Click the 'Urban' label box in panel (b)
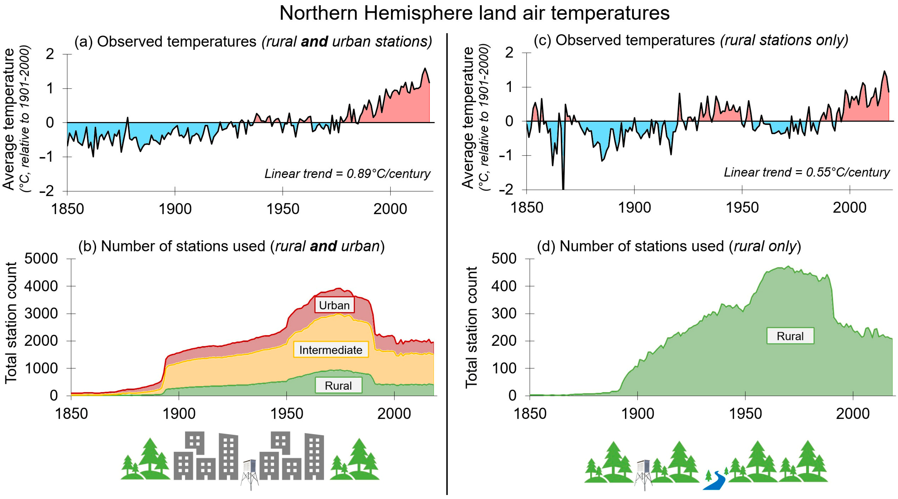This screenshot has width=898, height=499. pyautogui.click(x=334, y=305)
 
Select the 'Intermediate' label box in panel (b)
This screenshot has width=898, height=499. pyautogui.click(x=331, y=350)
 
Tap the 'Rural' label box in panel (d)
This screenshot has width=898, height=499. pyautogui.click(x=790, y=336)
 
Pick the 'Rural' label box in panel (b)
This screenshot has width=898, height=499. pyautogui.click(x=338, y=385)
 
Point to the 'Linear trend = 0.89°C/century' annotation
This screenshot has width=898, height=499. pyautogui.click(x=347, y=174)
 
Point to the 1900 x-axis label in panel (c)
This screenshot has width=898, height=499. pyautogui.click(x=634, y=207)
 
